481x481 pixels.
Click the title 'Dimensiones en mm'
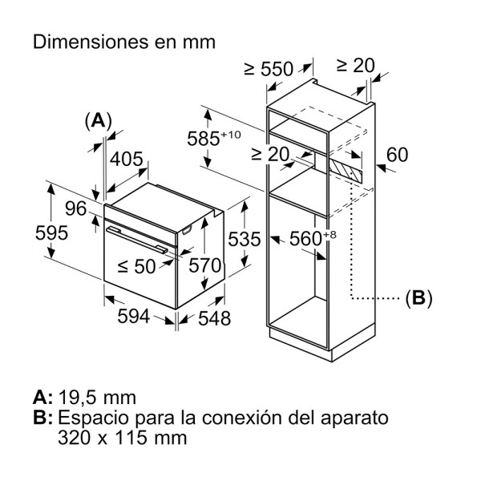[124, 42]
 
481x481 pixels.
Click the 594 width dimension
[134, 317]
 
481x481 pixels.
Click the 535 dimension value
[244, 239]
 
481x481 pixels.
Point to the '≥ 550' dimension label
[269, 69]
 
